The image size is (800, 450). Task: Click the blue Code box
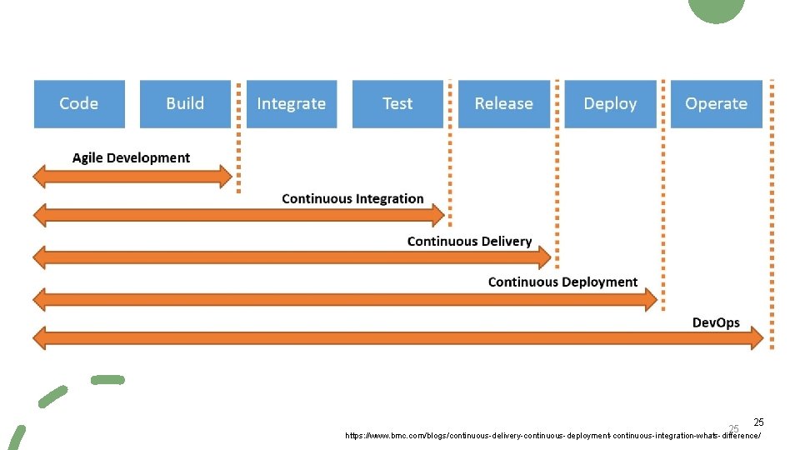(79, 104)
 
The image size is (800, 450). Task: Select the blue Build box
(185, 104)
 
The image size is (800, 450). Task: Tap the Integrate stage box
(292, 104)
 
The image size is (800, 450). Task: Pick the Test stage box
(397, 104)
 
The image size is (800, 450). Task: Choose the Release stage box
(503, 104)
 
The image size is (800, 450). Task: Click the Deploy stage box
(610, 104)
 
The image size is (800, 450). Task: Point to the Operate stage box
(716, 104)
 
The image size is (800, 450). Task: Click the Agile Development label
(131, 158)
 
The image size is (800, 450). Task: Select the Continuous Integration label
(352, 199)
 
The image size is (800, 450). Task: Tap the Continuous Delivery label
(469, 242)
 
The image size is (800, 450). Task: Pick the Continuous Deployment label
(562, 282)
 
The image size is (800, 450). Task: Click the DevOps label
(716, 323)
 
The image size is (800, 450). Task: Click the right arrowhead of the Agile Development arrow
(225, 176)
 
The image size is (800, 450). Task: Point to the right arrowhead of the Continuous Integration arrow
(437, 216)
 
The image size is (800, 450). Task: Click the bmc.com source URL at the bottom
(553, 436)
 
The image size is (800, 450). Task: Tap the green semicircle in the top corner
(717, 9)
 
